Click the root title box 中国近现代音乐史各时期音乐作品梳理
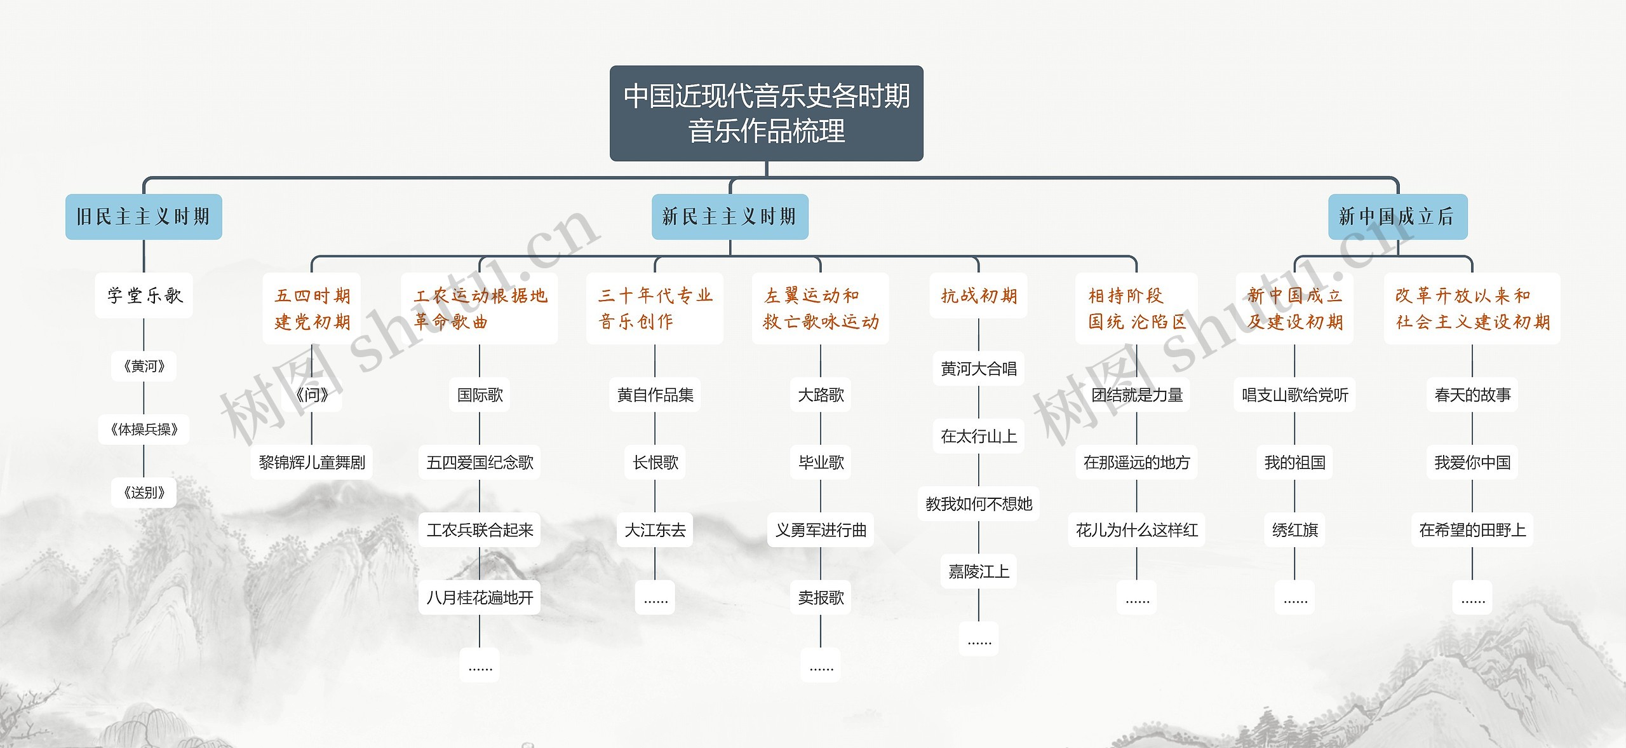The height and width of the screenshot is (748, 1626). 766,113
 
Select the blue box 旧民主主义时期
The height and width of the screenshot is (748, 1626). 144,217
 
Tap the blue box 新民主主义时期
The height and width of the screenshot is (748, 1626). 730,217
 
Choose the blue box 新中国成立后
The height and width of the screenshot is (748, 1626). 1397,217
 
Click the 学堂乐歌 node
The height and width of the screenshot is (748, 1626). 144,296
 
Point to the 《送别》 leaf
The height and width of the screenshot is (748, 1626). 144,493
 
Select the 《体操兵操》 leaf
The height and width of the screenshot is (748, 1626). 144,430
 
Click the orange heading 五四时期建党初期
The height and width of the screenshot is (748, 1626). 312,309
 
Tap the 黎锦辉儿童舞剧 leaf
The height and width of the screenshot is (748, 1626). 312,462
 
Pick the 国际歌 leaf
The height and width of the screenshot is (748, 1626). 480,395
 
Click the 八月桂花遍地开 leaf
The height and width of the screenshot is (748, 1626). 480,597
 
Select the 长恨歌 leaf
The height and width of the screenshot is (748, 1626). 655,462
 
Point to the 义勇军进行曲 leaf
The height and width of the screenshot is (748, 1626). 821,530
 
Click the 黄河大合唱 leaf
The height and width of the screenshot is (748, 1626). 979,369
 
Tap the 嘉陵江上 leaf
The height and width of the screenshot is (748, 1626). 979,571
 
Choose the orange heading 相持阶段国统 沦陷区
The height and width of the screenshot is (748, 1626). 1136,309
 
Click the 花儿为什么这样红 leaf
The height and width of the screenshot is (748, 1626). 1136,530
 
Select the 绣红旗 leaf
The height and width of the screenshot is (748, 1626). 1294,530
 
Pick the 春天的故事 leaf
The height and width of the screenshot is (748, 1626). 1472,395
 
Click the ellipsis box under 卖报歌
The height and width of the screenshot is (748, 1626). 821,665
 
